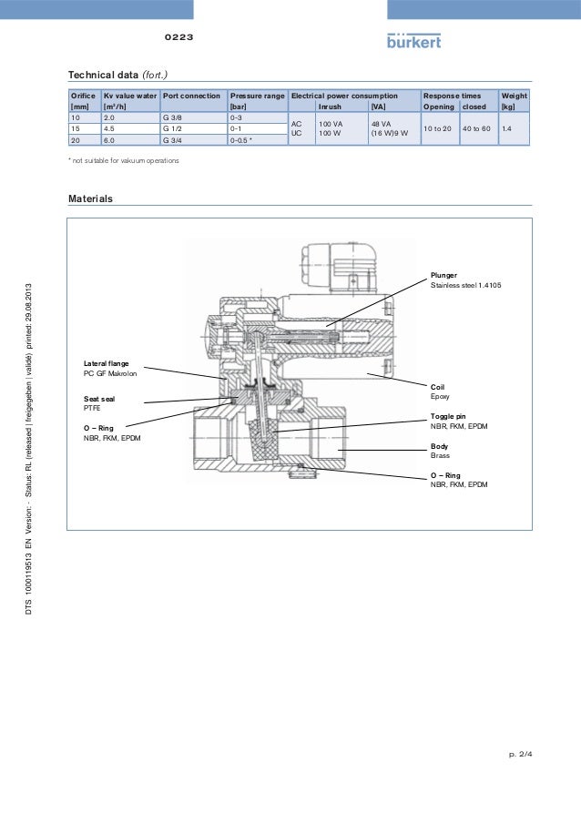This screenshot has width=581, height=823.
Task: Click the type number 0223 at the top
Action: pos(178,38)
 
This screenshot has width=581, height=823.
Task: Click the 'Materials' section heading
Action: pos(91,198)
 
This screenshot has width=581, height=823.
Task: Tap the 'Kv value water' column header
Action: pos(130,96)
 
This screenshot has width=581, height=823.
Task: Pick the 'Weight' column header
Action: pos(514,96)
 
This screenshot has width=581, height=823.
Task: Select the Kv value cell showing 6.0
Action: pos(109,141)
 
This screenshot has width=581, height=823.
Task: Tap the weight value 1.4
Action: pos(507,129)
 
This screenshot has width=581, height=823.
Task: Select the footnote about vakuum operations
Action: pos(126,160)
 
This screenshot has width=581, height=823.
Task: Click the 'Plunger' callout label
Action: pos(444,275)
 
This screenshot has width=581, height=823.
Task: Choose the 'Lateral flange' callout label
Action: pos(107,363)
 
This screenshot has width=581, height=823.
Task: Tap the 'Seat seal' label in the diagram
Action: pos(99,399)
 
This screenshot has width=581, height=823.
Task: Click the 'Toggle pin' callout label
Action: pos(448,416)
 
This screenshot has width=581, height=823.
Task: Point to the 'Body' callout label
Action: pos(439,446)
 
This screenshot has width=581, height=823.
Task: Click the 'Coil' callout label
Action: pos(438,387)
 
